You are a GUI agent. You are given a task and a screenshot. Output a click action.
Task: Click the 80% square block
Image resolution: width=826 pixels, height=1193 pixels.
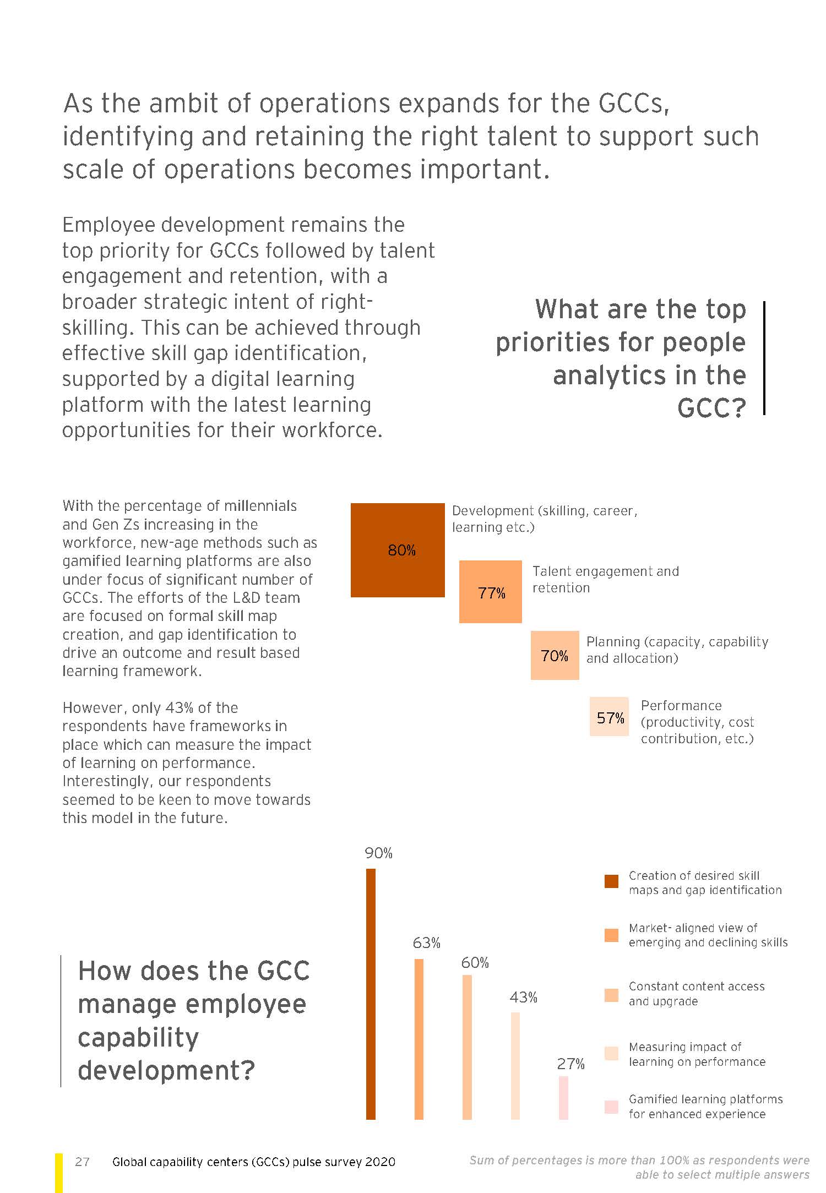pyautogui.click(x=398, y=550)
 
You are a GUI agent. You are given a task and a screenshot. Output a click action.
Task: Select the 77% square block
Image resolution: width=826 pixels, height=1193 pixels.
pyautogui.click(x=490, y=592)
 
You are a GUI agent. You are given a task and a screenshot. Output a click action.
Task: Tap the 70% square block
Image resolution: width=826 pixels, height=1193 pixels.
pyautogui.click(x=555, y=655)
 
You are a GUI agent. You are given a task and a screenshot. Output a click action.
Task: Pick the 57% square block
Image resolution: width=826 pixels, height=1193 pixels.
pyautogui.click(x=609, y=717)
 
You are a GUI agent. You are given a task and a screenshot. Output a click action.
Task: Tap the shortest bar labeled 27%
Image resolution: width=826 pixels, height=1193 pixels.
pyautogui.click(x=563, y=1098)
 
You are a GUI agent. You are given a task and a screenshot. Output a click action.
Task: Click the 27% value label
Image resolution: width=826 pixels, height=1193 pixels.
pyautogui.click(x=570, y=1064)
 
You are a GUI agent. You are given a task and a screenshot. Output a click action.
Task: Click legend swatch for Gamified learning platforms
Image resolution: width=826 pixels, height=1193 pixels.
pyautogui.click(x=611, y=1107)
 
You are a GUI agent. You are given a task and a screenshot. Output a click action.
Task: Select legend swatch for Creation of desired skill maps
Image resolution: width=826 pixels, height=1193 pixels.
pyautogui.click(x=611, y=881)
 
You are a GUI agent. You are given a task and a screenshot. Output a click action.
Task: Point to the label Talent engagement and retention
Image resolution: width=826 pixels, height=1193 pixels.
pyautogui.click(x=605, y=579)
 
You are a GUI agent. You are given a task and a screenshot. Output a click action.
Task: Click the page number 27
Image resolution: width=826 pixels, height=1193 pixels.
pyautogui.click(x=82, y=1162)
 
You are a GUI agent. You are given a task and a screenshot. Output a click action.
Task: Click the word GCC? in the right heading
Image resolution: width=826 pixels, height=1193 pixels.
pyautogui.click(x=711, y=408)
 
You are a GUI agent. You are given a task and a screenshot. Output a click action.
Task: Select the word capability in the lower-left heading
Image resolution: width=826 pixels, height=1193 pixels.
pyautogui.click(x=138, y=1037)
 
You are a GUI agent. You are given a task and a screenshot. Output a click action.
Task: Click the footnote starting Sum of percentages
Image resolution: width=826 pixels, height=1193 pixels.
pyautogui.click(x=639, y=1167)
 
